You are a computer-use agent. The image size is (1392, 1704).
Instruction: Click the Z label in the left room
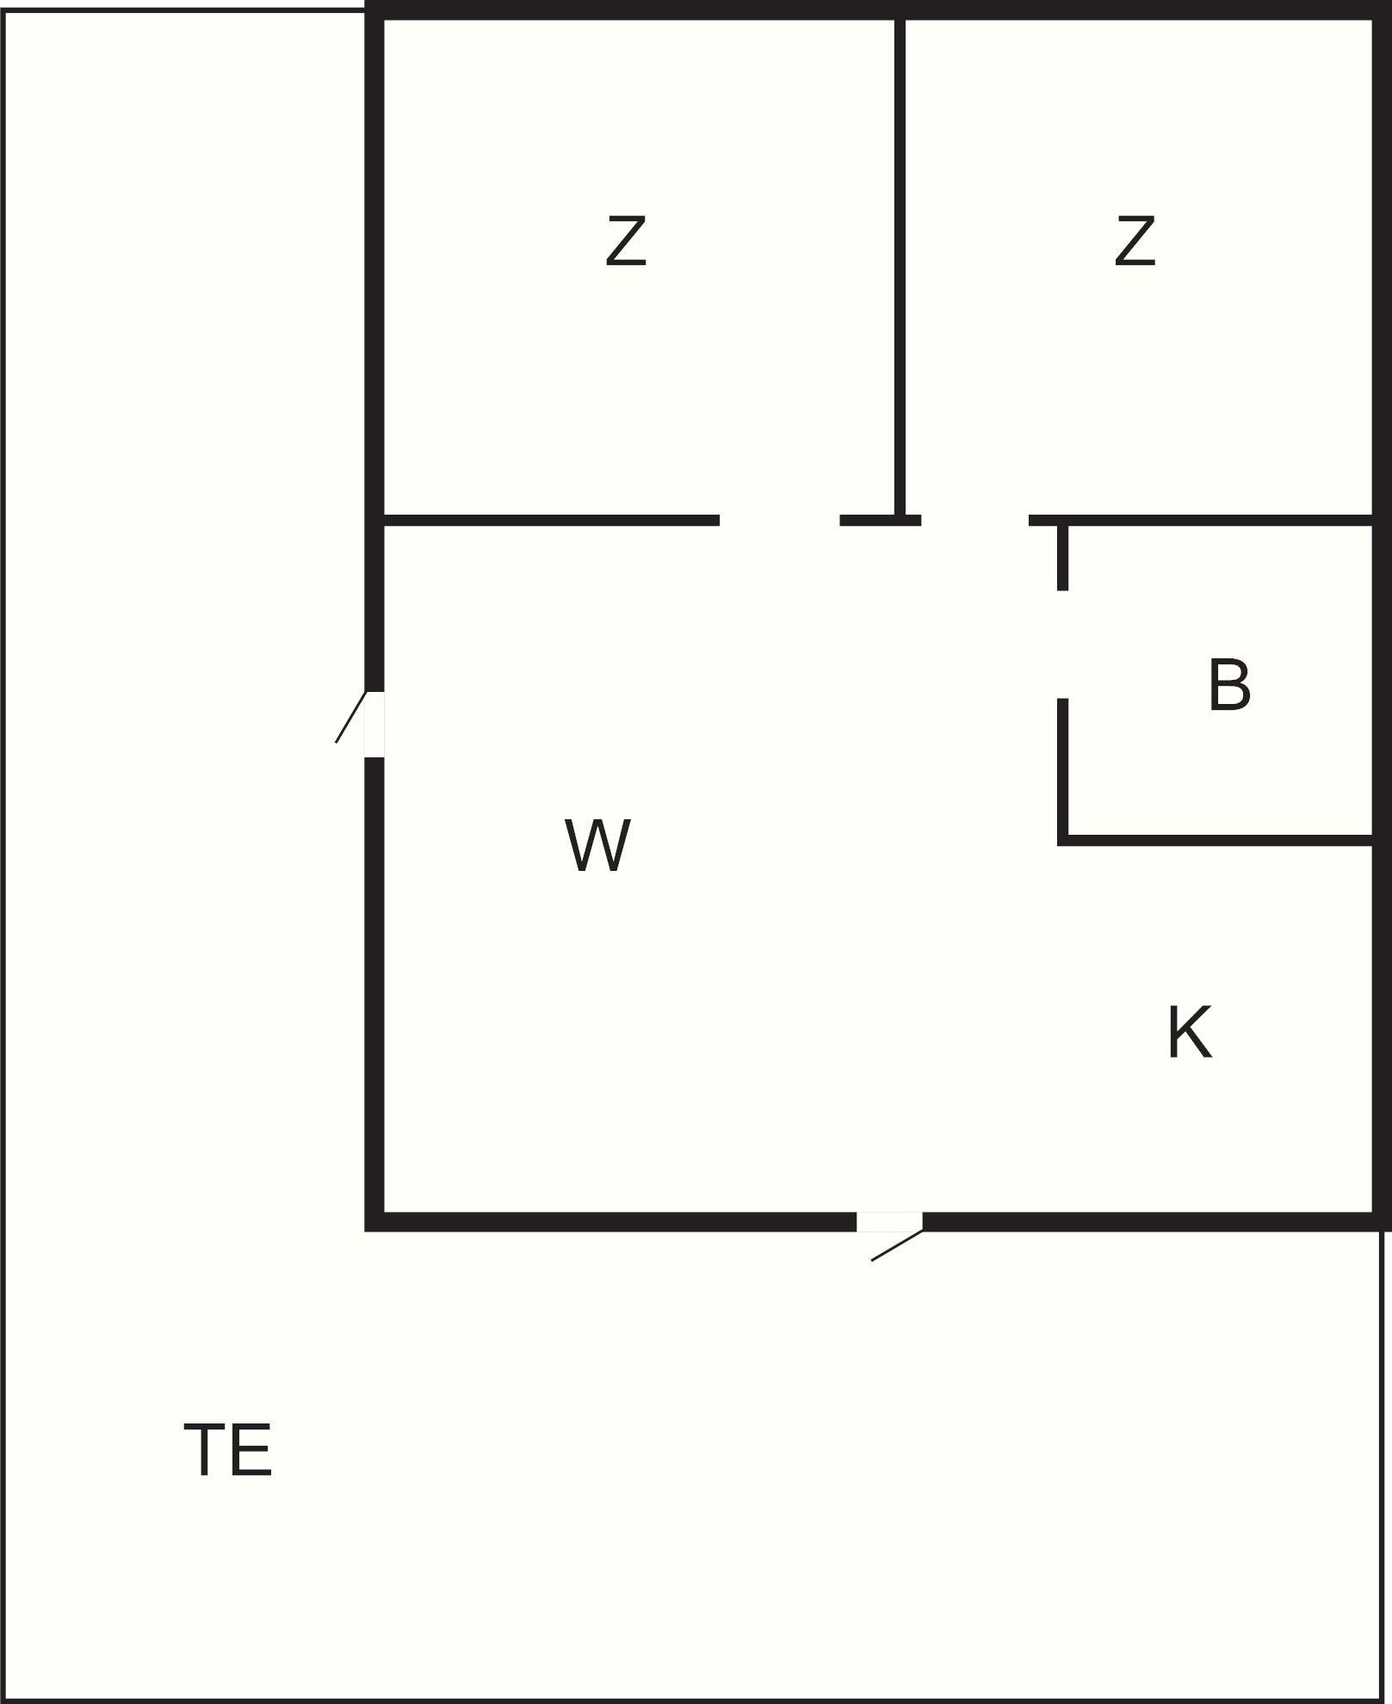point(626,242)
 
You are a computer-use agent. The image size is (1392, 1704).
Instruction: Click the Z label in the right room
point(1134,242)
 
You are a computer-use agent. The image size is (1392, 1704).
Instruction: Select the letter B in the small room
point(1228,685)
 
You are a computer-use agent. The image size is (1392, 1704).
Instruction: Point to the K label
point(1190,1032)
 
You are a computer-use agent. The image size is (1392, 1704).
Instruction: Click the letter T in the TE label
point(207,1450)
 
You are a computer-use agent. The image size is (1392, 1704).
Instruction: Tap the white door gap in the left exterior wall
point(374,724)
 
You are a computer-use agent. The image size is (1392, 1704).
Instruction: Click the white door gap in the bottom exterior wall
point(889,1222)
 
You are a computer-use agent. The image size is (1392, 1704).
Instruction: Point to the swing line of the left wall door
point(350,718)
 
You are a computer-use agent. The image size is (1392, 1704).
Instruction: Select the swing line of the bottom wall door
point(897,1245)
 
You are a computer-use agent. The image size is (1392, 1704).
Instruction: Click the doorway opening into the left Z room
point(779,520)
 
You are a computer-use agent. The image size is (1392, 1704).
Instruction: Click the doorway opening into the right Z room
point(974,520)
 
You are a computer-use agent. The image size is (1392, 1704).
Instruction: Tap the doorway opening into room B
point(1063,645)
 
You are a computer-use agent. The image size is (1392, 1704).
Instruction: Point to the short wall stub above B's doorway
point(1063,558)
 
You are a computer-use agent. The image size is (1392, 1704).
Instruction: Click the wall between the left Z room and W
point(551,520)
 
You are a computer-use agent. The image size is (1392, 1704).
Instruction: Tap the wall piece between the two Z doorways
point(880,520)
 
